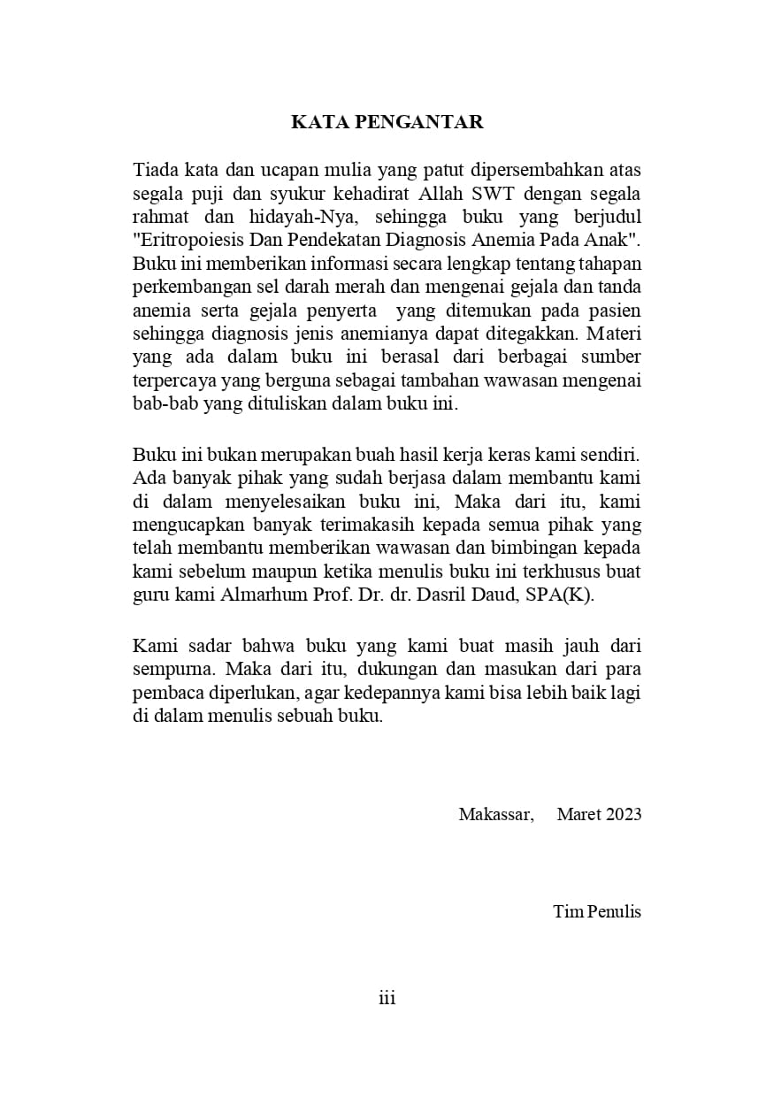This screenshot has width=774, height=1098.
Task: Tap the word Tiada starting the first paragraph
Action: tap(155, 170)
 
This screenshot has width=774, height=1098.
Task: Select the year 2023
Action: tap(624, 814)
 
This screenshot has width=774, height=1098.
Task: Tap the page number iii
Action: tap(387, 998)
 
